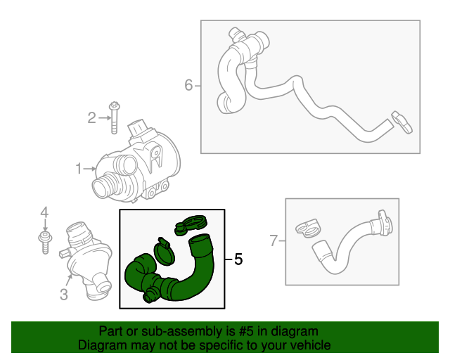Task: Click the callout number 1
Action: pos(79,168)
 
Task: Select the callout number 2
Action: pos(91,118)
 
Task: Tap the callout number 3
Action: pos(63,295)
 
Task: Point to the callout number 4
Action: pos(44,212)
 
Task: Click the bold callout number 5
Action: pos(238,260)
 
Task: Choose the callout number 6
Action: pos(188,86)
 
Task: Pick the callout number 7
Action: pos(274,241)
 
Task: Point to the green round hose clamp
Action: pos(164,250)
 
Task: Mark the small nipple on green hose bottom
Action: pos(148,297)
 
